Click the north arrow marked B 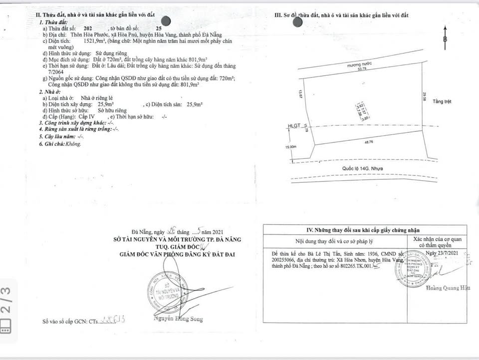(x=445, y=39)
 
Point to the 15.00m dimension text (x=290, y=147)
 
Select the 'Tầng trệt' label (x=442, y=101)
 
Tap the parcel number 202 (x=88, y=29)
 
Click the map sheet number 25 (x=159, y=29)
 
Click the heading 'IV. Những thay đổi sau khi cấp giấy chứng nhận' (x=366, y=230)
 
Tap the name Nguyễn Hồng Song (x=179, y=319)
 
